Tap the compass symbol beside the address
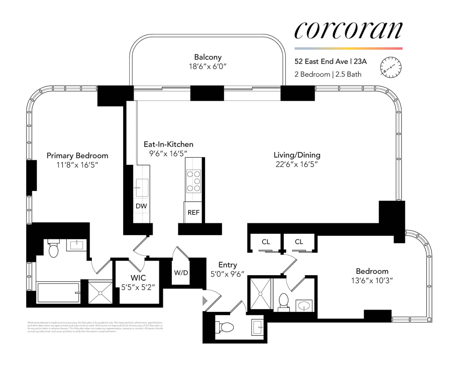pos(390,68)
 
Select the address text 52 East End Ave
pos(321,62)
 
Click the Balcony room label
pos(208,57)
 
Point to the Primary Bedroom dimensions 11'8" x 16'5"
pos(77,165)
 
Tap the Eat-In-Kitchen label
pos(168,144)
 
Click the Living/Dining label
pos(297,155)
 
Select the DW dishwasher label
pos(141,206)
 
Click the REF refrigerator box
pos(193,212)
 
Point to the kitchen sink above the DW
pos(142,188)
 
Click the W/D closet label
pos(181,273)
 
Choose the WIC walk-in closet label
pos(138,278)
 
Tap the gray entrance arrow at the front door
pos(205,301)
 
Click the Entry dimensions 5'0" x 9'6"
pos(227,274)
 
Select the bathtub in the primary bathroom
pos(58,292)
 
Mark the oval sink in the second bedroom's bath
pos(304,305)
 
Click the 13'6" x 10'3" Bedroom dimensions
pos(372,281)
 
